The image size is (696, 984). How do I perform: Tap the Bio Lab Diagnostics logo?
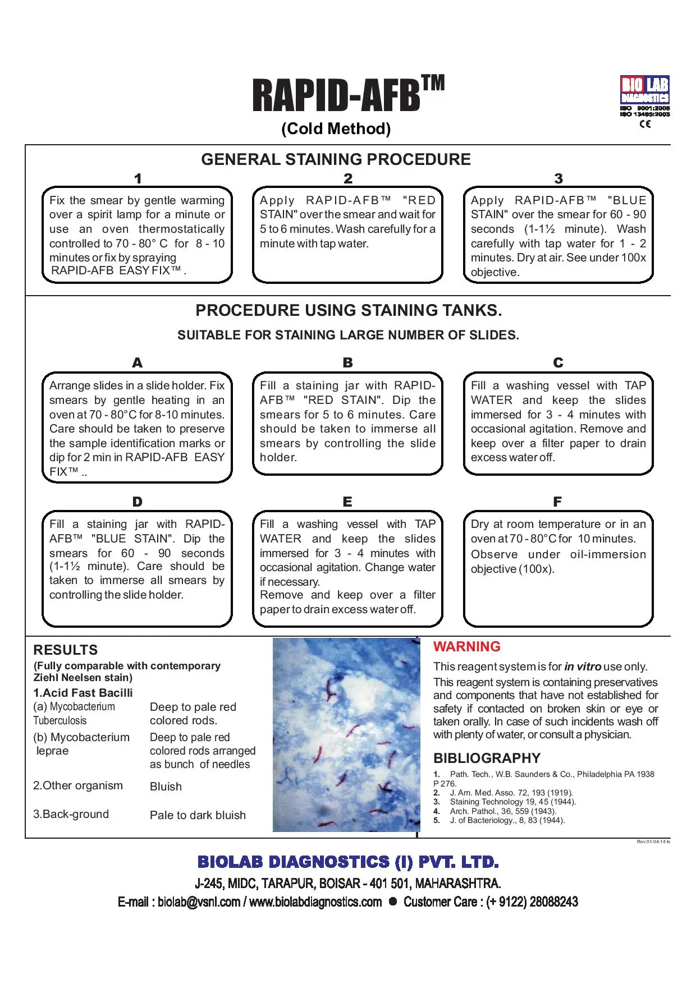point(644,90)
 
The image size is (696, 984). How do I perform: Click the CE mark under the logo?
point(645,124)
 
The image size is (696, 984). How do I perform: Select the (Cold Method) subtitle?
point(336,129)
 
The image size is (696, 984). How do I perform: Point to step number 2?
point(348,178)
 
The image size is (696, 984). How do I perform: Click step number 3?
point(558,178)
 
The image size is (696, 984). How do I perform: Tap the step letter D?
point(137,502)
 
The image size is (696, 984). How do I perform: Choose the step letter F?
point(557,502)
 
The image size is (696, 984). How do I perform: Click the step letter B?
point(347,363)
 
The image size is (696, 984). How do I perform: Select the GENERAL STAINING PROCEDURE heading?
point(336,159)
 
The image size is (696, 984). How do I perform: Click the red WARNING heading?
point(466,647)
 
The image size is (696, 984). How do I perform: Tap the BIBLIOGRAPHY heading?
point(487,758)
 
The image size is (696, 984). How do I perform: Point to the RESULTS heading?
point(65,650)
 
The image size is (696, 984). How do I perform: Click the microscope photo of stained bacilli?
point(346,734)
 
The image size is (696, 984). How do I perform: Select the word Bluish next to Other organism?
point(166,787)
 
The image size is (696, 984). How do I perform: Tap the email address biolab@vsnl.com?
point(199,902)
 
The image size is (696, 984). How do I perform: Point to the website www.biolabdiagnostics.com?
point(315,902)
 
